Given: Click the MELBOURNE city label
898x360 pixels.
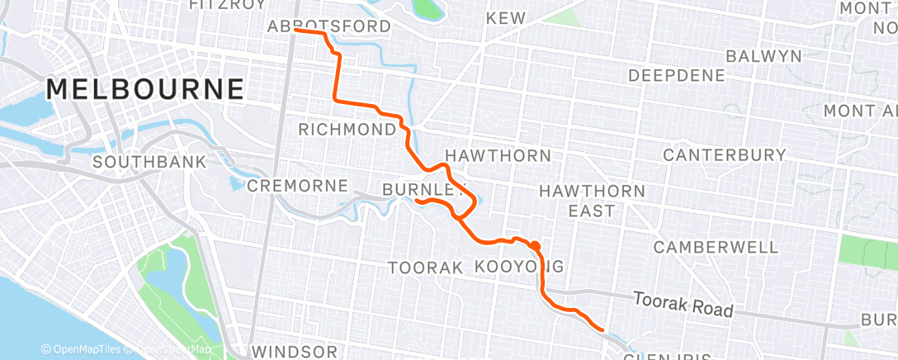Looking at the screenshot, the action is tap(145, 88).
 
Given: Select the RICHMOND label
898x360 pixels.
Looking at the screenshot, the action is tap(347, 130).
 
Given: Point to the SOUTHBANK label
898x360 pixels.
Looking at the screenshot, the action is tap(149, 162).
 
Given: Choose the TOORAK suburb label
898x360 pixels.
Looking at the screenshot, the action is tap(424, 268).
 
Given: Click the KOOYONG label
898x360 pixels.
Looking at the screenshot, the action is tap(520, 267).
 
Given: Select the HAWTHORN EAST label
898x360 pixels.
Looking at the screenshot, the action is tap(592, 201).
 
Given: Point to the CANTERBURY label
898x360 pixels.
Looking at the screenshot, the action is tap(725, 154).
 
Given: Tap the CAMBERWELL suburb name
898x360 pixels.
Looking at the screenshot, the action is tap(716, 247).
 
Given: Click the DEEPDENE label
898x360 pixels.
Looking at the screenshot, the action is tap(677, 75).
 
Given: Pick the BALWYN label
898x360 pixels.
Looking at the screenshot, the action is tap(763, 56).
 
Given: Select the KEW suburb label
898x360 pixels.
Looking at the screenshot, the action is tap(505, 17).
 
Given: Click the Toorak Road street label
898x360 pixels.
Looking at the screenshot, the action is tap(683, 304).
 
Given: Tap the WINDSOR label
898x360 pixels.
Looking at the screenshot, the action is tap(295, 352).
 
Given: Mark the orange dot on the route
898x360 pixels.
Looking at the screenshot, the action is tap(536, 245).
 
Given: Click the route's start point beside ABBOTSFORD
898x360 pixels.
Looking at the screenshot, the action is tap(295, 31).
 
